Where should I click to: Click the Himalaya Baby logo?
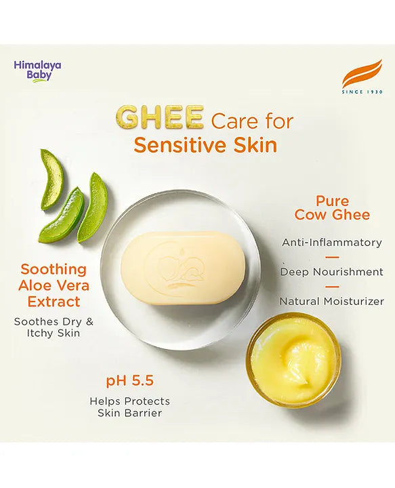(37, 70)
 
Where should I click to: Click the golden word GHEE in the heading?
(160, 117)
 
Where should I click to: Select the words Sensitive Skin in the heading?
(205, 145)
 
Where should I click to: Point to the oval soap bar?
(183, 267)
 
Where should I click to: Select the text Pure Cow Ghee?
(332, 207)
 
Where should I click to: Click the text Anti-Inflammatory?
(331, 242)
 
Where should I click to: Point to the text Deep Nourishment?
(331, 272)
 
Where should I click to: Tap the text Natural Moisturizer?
(331, 301)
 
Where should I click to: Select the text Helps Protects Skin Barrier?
(129, 407)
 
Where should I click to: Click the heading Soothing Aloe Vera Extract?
(53, 285)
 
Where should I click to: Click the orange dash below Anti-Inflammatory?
(332, 257)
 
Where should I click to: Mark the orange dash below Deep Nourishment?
(332, 287)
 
